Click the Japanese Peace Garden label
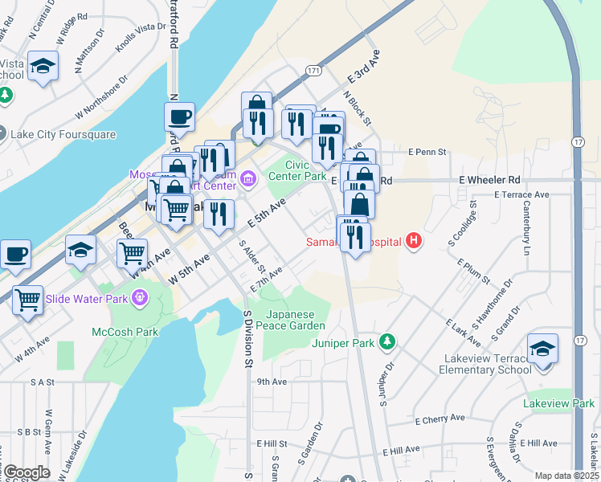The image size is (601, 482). pos(296,320)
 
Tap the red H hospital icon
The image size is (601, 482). pos(414,240)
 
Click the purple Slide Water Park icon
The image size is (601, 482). pos(141,299)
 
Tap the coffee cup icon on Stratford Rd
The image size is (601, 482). pos(180,117)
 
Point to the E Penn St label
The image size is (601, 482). pos(427,151)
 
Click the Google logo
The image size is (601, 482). pos(26,472)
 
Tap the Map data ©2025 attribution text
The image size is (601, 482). pos(566,476)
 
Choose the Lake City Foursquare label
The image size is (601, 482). pos(63,134)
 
